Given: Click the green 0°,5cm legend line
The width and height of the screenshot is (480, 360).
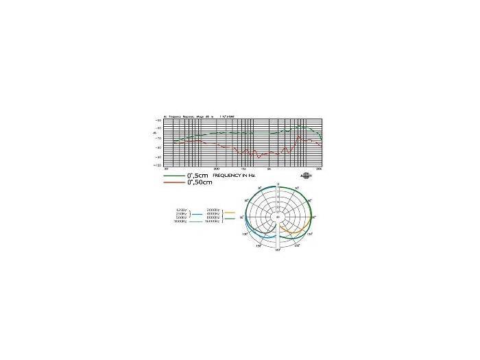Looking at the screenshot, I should (x=174, y=176).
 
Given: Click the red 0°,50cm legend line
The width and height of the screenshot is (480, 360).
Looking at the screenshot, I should (x=174, y=181).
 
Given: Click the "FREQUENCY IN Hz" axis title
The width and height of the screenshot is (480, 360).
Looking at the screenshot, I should (x=237, y=176).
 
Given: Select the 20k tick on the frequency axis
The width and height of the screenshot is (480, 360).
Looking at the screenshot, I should (x=319, y=168).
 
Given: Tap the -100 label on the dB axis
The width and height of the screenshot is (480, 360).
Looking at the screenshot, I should (x=158, y=165).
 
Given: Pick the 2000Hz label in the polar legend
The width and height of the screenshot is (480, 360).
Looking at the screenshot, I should (x=213, y=209).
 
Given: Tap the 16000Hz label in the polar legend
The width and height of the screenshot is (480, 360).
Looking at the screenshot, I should (x=212, y=221).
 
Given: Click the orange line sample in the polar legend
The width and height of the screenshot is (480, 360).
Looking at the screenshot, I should (x=230, y=213).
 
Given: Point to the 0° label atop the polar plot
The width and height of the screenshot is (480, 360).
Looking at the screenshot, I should (x=278, y=184).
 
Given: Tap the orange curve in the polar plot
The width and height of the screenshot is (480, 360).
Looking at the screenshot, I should (x=302, y=230).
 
